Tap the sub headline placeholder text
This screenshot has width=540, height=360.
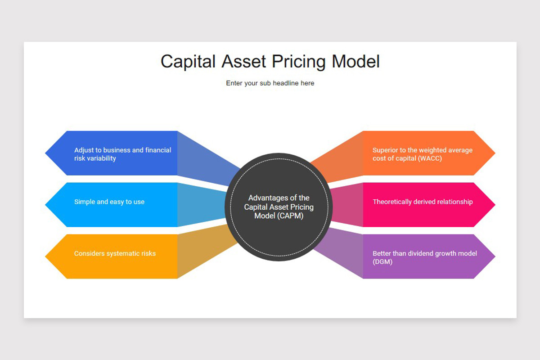tap(270, 83)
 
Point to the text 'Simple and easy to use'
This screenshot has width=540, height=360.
tap(109, 202)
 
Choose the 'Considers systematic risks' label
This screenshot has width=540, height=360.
tap(115, 254)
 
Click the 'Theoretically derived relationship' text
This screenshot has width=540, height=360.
tap(423, 202)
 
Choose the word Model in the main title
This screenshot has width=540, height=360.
tap(355, 62)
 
